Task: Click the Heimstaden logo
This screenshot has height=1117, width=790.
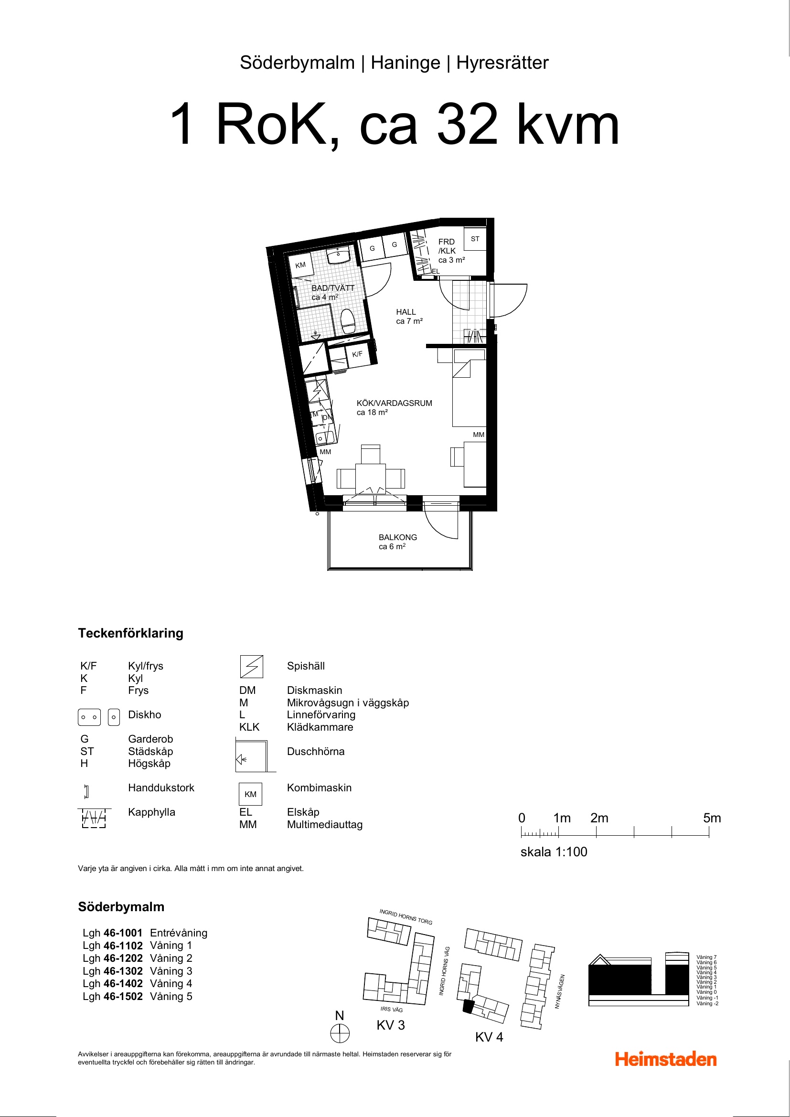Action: (x=665, y=1059)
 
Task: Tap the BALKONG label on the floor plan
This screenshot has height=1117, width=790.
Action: (x=397, y=537)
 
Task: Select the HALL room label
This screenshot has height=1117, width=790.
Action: (x=406, y=312)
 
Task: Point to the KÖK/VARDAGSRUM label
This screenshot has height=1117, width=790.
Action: (x=394, y=404)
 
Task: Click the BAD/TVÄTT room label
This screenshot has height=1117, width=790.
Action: (x=333, y=288)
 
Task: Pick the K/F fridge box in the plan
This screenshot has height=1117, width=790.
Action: (x=357, y=354)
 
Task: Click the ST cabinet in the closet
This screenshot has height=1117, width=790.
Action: (x=475, y=239)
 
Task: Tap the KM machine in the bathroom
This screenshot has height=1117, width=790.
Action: (x=300, y=265)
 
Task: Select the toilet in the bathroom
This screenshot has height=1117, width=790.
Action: (x=348, y=321)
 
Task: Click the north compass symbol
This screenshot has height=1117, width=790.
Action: (x=340, y=1033)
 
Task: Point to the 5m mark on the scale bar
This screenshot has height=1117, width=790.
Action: (x=709, y=832)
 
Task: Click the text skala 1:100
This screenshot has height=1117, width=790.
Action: (x=554, y=851)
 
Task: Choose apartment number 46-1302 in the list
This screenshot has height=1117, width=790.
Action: (x=123, y=970)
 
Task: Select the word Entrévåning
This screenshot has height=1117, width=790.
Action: (x=179, y=933)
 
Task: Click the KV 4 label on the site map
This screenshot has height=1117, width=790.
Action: (x=489, y=1037)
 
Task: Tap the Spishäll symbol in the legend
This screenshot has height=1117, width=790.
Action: (x=252, y=667)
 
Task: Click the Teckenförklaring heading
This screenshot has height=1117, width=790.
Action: (x=130, y=633)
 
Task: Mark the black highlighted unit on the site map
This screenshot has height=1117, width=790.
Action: (x=468, y=1006)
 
